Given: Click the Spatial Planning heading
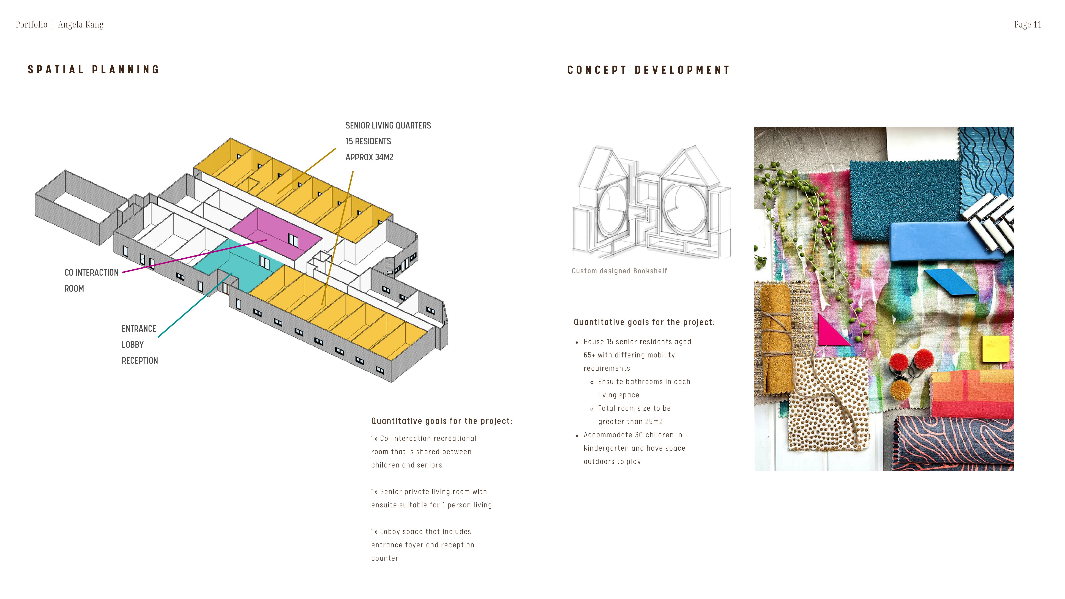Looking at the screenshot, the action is coord(93,69).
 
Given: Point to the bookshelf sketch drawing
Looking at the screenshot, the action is coord(651,203).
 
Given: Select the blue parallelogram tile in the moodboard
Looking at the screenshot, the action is coord(950,282).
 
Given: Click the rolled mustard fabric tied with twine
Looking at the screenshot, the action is coord(774,339).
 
